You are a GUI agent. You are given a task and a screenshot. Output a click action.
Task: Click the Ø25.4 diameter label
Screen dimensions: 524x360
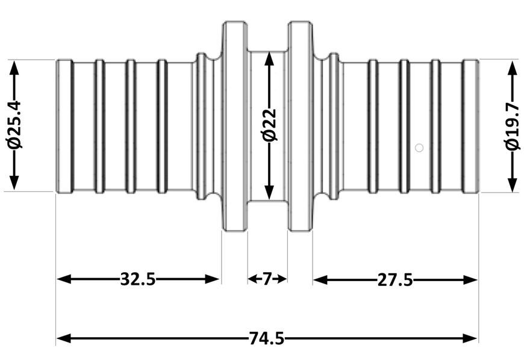(14, 125)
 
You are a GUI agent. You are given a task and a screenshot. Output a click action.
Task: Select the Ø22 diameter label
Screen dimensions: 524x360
(269, 125)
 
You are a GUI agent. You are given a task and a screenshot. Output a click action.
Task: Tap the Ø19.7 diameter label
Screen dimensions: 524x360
(513, 126)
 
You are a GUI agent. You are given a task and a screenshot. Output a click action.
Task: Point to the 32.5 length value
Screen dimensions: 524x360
(138, 279)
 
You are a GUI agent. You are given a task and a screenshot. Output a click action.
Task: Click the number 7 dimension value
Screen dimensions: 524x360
(266, 279)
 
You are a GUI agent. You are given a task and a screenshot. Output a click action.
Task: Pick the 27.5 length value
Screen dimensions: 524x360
(395, 279)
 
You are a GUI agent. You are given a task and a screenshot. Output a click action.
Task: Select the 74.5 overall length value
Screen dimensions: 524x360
(266, 338)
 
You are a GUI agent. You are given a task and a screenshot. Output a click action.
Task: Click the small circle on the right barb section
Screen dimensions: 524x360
(419, 147)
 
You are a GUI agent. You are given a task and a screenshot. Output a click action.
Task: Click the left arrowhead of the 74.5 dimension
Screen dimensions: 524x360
(64, 338)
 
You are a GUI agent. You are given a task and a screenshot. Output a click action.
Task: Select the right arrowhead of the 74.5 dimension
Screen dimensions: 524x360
(470, 338)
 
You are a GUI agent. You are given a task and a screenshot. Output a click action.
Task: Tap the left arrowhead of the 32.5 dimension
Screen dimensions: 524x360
(64, 279)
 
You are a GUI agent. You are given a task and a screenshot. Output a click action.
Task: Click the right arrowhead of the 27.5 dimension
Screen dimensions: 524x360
(470, 279)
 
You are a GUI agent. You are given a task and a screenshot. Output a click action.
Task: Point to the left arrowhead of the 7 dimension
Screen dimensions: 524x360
(252, 279)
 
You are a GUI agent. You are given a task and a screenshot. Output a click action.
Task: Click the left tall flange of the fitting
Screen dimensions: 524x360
(235, 126)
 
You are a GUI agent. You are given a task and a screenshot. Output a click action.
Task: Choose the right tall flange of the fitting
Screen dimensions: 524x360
(300, 126)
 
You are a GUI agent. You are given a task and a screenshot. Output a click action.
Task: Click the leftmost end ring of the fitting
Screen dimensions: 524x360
(64, 126)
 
